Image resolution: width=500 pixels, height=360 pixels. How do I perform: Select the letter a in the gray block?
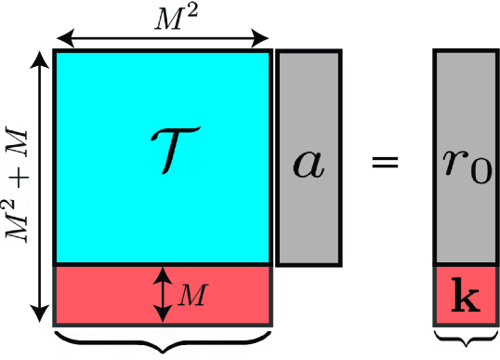coord(307,162)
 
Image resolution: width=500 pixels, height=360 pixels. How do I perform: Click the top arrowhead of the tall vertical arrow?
coord(40,58)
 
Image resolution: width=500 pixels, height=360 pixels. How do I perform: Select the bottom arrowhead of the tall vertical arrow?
coord(40,314)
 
